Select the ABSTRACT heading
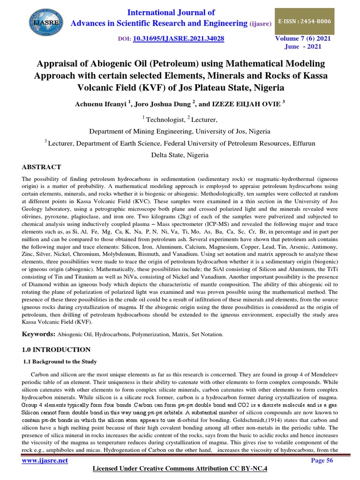click(x=41, y=167)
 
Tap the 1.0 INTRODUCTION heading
click(x=57, y=350)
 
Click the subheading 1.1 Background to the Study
click(x=60, y=361)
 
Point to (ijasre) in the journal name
click(x=262, y=24)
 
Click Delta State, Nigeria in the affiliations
click(x=180, y=155)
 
